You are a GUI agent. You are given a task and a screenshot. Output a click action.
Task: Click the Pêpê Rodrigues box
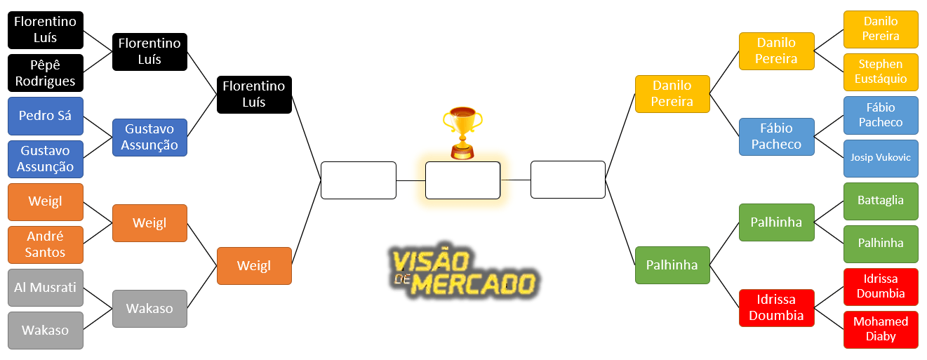coord(46,73)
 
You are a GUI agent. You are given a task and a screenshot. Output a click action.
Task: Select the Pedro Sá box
coord(46,116)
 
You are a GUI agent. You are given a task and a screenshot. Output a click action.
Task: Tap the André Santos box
coord(46,244)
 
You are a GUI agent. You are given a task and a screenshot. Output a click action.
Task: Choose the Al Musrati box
coord(46,288)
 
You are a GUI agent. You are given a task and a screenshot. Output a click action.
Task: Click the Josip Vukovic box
coord(881,158)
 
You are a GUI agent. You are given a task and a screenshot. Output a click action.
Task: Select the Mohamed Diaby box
coord(881,329)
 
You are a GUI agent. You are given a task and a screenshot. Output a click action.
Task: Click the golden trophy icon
coord(462,133)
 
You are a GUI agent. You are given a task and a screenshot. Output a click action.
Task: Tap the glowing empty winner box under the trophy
coord(462,180)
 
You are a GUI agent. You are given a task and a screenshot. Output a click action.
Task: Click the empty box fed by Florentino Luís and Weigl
coord(359,180)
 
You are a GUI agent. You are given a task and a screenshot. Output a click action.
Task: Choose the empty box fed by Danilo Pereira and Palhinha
coord(568,180)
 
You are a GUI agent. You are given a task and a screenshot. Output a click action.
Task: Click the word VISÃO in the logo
coord(430,260)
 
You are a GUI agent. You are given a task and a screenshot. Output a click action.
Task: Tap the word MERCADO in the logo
coord(474,284)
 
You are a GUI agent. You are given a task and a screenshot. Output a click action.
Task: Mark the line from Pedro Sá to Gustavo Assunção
coord(98,126)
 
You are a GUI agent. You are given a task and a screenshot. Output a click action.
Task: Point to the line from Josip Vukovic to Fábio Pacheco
coord(829,147)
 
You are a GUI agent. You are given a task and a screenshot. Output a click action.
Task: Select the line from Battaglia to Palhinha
coord(829,212)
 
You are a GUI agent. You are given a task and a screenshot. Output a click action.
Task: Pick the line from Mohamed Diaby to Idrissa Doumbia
coord(829,319)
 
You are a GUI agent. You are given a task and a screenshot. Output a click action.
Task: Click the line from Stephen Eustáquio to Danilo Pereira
coord(829,62)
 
